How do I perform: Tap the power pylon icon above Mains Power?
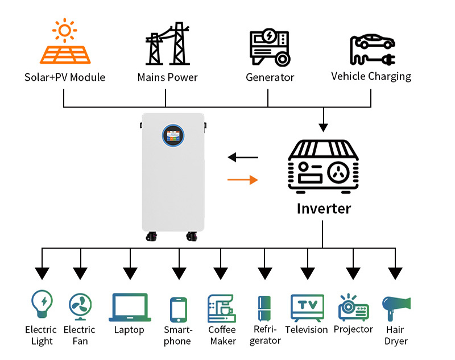point(167,44)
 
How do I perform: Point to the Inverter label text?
point(324,208)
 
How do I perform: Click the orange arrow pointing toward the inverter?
point(242,180)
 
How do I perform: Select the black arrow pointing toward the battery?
point(242,157)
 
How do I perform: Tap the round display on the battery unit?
point(173,135)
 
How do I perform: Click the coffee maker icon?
point(222,308)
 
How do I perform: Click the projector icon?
point(353,308)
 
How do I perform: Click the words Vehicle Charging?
point(371,76)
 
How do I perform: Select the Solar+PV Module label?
point(65,77)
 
